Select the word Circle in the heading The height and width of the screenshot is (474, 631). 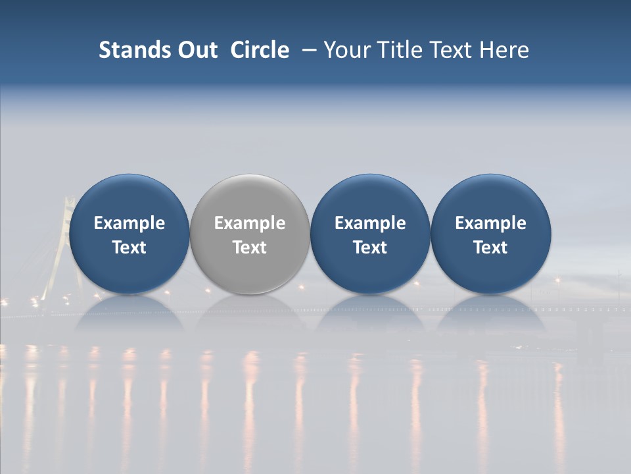(x=260, y=50)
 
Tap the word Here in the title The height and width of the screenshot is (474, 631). (x=504, y=50)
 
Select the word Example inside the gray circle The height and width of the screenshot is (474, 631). (x=250, y=223)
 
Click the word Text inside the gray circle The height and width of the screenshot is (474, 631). (x=250, y=248)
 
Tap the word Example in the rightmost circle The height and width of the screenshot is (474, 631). (x=490, y=223)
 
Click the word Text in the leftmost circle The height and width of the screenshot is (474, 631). (x=129, y=248)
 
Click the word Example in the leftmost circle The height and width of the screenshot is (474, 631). (x=129, y=223)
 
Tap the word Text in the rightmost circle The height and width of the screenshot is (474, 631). (x=490, y=248)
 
